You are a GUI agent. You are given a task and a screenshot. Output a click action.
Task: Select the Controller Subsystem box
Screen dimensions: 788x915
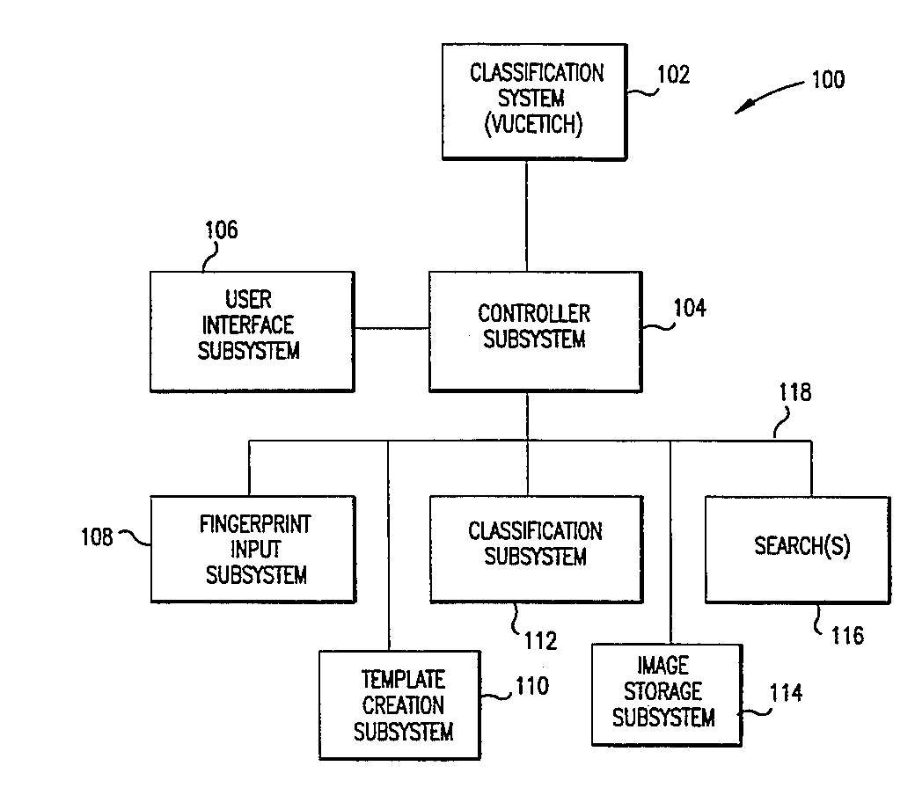(x=534, y=331)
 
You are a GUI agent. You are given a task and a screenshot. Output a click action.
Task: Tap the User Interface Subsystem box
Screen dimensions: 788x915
(x=252, y=331)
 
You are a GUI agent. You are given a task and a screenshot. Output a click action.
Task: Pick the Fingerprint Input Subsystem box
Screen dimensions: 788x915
(x=253, y=550)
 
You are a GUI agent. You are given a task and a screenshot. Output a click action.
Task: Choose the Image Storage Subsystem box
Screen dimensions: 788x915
(x=664, y=694)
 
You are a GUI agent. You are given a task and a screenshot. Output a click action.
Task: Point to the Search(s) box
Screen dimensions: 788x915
(x=802, y=549)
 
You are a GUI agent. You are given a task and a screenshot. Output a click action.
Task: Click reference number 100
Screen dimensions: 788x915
(x=827, y=80)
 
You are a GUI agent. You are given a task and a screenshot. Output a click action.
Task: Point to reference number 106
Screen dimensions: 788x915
(x=221, y=230)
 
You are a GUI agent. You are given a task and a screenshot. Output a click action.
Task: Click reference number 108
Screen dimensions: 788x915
(x=96, y=536)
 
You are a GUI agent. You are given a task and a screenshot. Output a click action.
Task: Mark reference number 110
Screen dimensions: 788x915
(x=531, y=686)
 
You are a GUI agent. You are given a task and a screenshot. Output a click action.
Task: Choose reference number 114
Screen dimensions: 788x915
(x=785, y=693)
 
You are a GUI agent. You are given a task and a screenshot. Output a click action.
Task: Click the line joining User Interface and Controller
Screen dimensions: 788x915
(x=392, y=330)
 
